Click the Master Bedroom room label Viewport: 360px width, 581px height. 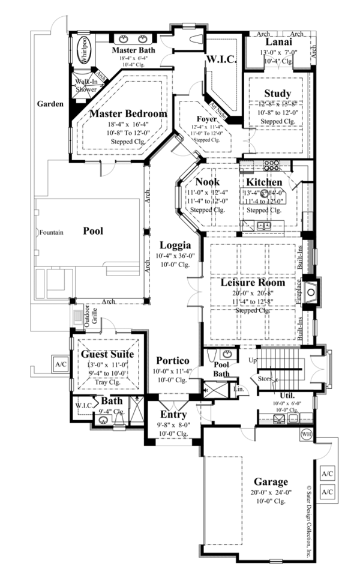point(128,113)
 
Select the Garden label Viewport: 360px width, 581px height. point(50,104)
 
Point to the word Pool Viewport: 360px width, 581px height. point(93,230)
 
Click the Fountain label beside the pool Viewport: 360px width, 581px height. point(48,231)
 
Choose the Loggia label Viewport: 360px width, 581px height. point(175,245)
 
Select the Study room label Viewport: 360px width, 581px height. point(277,93)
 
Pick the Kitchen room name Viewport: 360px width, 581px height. point(264,182)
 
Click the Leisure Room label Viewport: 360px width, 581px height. point(252,282)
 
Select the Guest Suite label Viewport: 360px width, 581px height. point(107,354)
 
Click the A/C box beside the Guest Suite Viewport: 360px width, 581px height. point(60,364)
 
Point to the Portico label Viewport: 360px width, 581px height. point(173,360)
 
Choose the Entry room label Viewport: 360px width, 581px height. point(173,415)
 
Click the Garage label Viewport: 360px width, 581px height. point(269,481)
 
